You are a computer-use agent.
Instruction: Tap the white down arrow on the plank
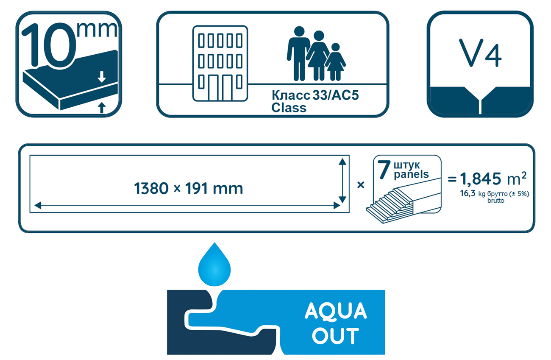pos(102,77)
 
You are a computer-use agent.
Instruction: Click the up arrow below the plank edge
pos(102,108)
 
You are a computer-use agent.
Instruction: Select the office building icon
pos(220,64)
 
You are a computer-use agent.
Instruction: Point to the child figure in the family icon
pos(335,62)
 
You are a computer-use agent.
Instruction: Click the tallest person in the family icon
pos(299,53)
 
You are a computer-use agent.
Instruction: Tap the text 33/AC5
pos(336,95)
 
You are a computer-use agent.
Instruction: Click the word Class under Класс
pos(289,108)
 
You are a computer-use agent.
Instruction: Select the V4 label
pos(480,53)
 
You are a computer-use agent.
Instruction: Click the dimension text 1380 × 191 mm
pos(189,189)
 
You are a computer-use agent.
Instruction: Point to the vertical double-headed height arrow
pos(342,181)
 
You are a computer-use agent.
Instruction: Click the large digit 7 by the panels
pos(384,169)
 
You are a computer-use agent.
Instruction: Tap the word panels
pos(411,174)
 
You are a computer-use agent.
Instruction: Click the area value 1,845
pos(480,179)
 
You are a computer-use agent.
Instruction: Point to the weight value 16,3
pos(468,193)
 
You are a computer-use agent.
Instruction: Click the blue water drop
pos(214,264)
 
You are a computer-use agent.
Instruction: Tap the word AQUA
pos(336,311)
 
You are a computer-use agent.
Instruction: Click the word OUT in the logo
pos(336,336)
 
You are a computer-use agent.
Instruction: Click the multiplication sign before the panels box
pos(361,184)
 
